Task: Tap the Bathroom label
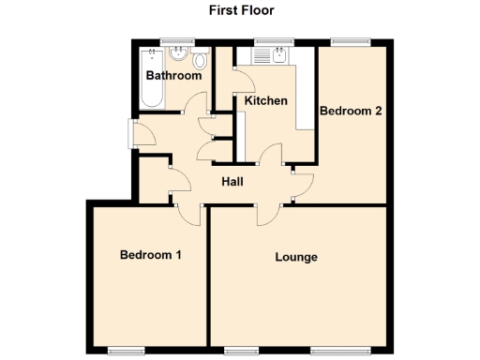(173, 75)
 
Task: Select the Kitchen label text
(265, 100)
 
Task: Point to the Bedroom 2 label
(351, 111)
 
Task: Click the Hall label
(233, 182)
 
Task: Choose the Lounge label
(296, 257)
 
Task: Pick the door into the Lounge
(269, 213)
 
